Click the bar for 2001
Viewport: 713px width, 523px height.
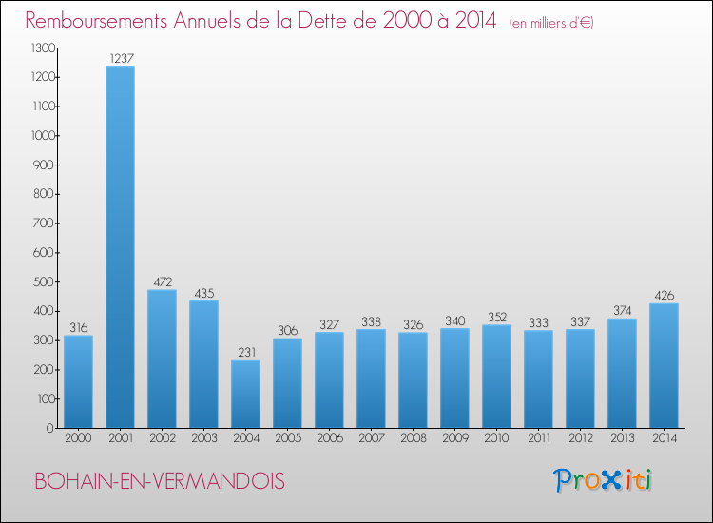click(120, 247)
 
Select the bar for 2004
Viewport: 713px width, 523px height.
click(245, 394)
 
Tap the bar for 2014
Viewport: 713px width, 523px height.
click(664, 365)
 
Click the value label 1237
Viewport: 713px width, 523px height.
click(120, 58)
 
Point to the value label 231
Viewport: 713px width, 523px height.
click(245, 353)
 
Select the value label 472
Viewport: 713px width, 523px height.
click(162, 282)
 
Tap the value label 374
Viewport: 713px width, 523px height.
click(622, 311)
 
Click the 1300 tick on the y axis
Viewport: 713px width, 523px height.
click(42, 48)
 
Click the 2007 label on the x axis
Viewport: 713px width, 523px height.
click(371, 439)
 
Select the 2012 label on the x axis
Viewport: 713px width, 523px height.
click(580, 439)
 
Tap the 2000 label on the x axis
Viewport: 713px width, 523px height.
click(78, 439)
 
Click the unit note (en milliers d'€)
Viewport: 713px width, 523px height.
click(550, 22)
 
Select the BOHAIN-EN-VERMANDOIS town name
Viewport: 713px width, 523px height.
click(159, 481)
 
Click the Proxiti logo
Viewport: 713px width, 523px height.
click(603, 480)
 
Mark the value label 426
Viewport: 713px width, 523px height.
click(664, 296)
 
